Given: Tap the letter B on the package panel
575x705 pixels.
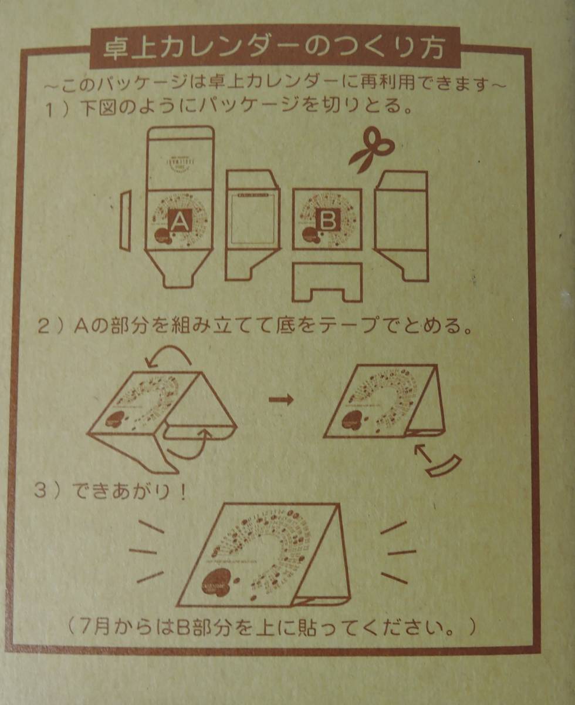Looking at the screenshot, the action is (327, 221).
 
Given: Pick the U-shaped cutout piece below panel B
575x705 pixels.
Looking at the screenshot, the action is (327, 283).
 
